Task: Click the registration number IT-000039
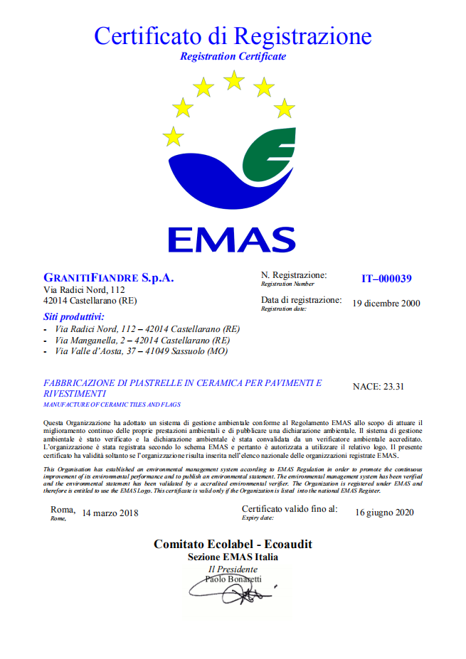click(x=386, y=279)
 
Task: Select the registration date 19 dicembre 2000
click(x=386, y=303)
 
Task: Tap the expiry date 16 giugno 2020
click(x=384, y=513)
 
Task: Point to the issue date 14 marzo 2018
click(x=110, y=513)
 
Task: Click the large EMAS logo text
click(x=231, y=240)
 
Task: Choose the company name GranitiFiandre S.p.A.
click(x=109, y=277)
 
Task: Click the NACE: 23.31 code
click(x=378, y=387)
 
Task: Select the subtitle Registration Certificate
click(x=233, y=55)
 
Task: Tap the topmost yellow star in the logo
click(x=233, y=80)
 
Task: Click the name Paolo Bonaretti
click(x=233, y=579)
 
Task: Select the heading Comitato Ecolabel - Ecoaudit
click(x=233, y=545)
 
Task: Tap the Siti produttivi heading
click(x=74, y=316)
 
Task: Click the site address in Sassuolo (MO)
click(x=142, y=350)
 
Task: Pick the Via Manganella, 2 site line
click(x=142, y=341)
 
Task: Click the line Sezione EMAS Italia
click(x=233, y=557)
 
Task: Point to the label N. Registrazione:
click(x=294, y=275)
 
